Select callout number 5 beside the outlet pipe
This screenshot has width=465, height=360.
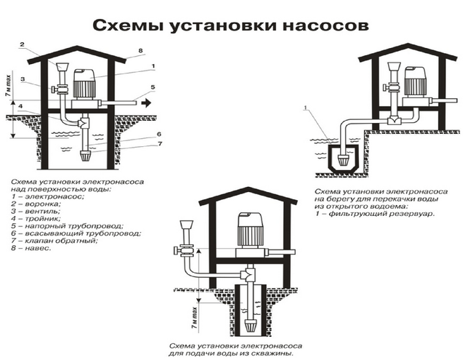click(153, 87)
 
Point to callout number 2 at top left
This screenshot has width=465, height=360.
click(23, 45)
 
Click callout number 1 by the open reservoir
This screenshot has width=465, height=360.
click(307, 108)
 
